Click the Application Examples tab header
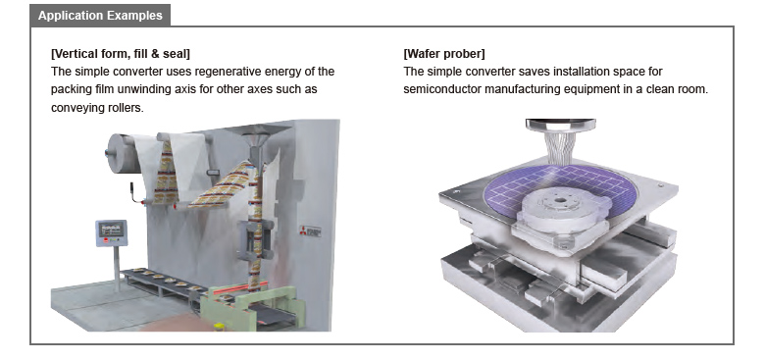[x=100, y=15]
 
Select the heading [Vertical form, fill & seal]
[x=121, y=53]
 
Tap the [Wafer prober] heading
[x=444, y=53]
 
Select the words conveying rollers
[x=97, y=108]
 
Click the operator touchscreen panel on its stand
[x=111, y=232]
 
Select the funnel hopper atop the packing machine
[x=259, y=135]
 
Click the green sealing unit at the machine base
[x=253, y=306]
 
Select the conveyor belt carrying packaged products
[x=161, y=282]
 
